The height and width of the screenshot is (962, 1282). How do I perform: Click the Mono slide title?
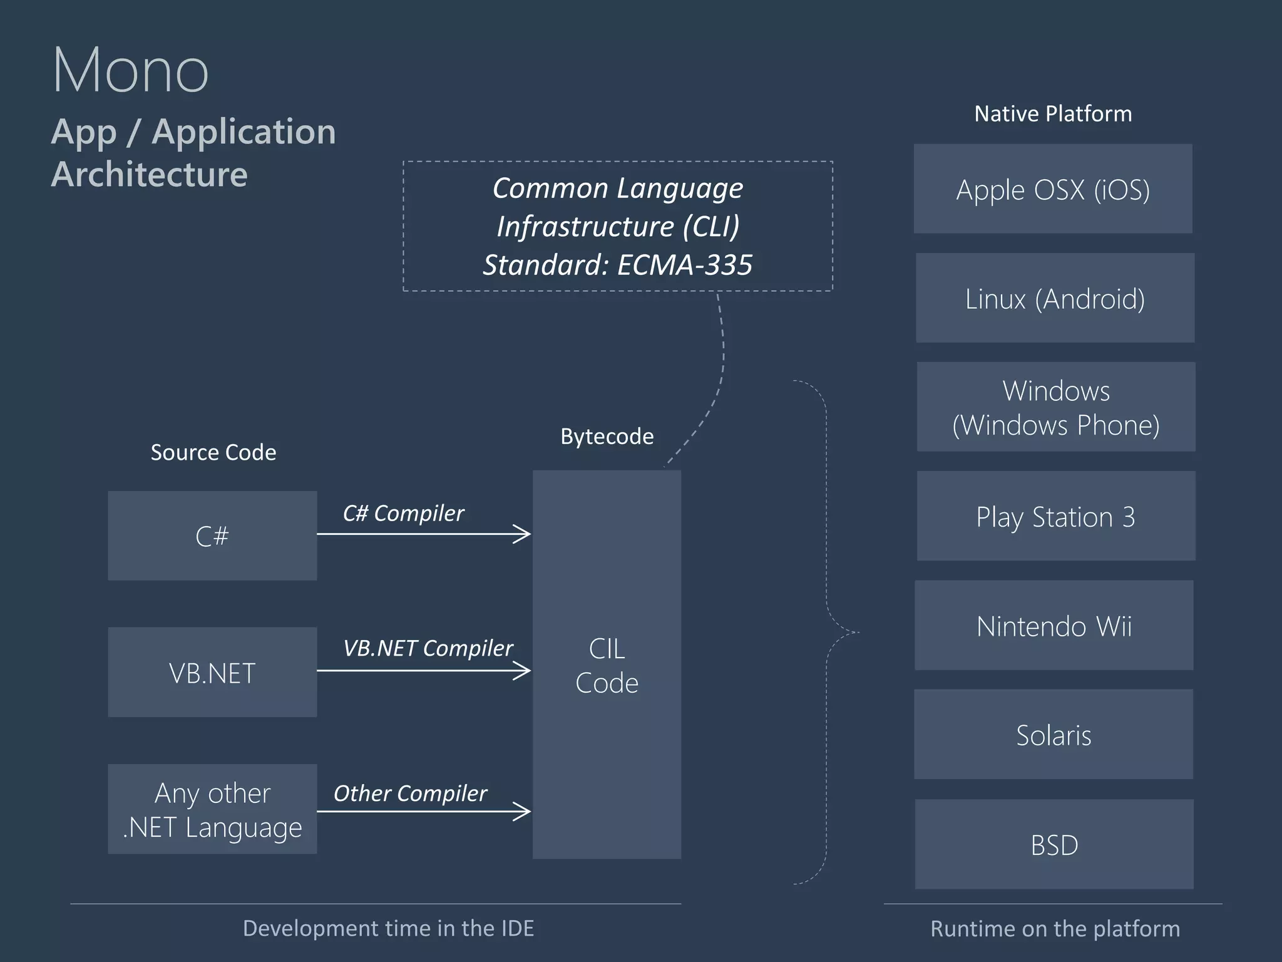[130, 70]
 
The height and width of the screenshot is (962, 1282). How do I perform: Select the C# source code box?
[212, 535]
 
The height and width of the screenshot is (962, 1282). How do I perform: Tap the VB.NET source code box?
[212, 673]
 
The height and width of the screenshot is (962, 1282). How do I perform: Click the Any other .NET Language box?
[212, 809]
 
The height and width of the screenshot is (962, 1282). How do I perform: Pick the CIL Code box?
[607, 665]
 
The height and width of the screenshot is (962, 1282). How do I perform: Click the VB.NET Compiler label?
[428, 648]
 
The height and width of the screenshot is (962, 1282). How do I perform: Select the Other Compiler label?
[410, 794]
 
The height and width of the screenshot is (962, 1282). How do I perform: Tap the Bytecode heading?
[607, 437]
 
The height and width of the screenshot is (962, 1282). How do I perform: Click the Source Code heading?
[213, 453]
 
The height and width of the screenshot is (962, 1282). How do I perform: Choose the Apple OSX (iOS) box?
[1053, 189]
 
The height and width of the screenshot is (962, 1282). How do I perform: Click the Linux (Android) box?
[1055, 298]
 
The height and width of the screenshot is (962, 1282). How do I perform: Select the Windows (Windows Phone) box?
[1056, 407]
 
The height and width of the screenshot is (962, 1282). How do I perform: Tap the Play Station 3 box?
[1056, 516]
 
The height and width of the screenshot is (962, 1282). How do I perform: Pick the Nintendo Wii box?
[1054, 626]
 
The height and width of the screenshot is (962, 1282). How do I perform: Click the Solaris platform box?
[1054, 735]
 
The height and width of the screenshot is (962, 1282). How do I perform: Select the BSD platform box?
[1054, 844]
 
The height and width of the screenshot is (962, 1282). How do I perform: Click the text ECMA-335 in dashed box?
[685, 265]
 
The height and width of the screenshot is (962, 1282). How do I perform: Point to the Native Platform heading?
[1053, 114]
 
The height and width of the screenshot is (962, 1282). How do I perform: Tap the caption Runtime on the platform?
[1055, 929]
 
